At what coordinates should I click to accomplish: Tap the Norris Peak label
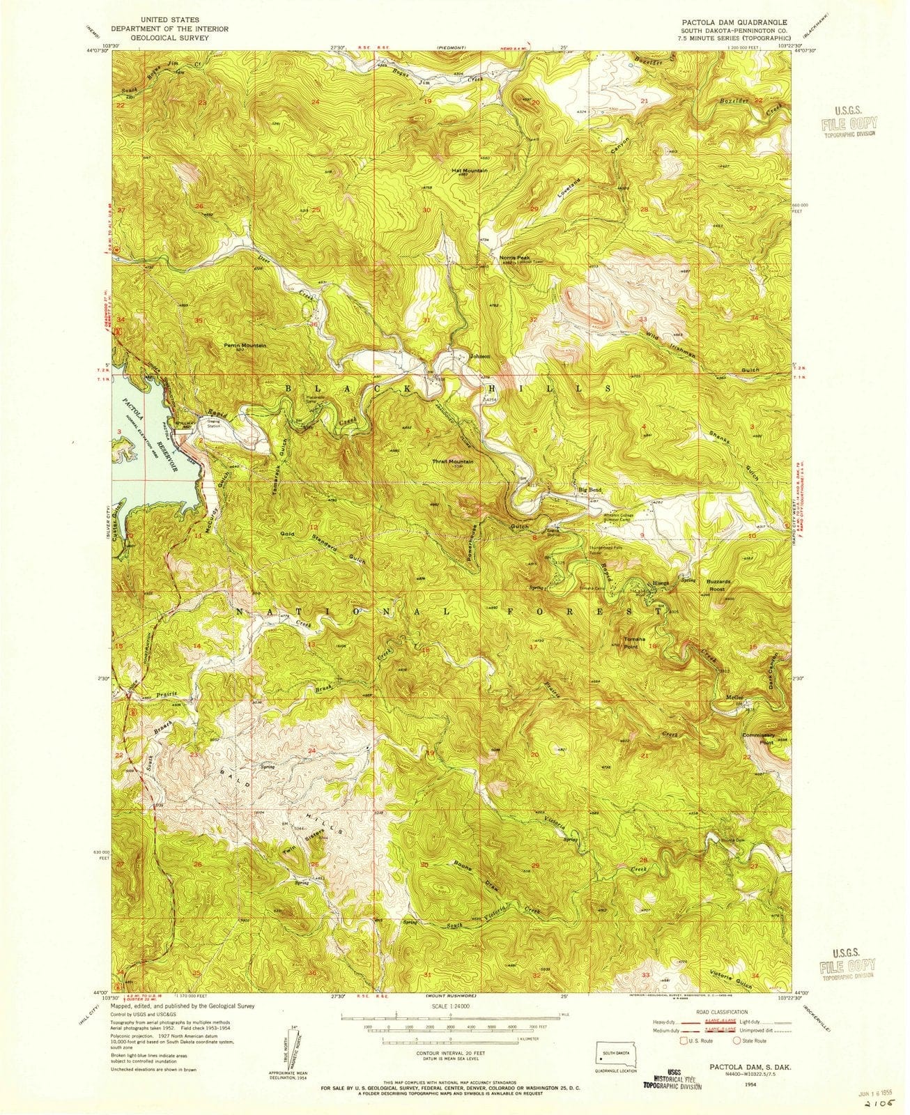514,257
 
